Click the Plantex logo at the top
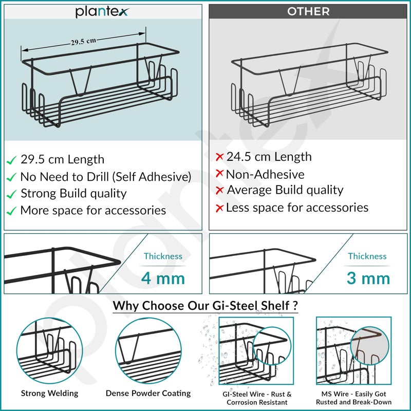[103, 11]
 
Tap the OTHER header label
[308, 11]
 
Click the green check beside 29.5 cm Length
[12, 160]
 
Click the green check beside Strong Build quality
[12, 194]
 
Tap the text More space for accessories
[93, 210]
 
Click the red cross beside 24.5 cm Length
[219, 157]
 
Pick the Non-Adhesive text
[265, 174]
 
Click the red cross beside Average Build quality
[219, 191]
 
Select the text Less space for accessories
[297, 208]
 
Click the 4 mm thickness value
[163, 278]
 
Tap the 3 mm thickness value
[368, 278]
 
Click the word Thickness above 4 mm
[163, 256]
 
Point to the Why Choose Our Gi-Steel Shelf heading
[206, 306]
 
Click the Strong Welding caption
[49, 394]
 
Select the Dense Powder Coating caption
[148, 394]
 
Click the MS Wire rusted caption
[353, 398]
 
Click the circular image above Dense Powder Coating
[148, 349]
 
